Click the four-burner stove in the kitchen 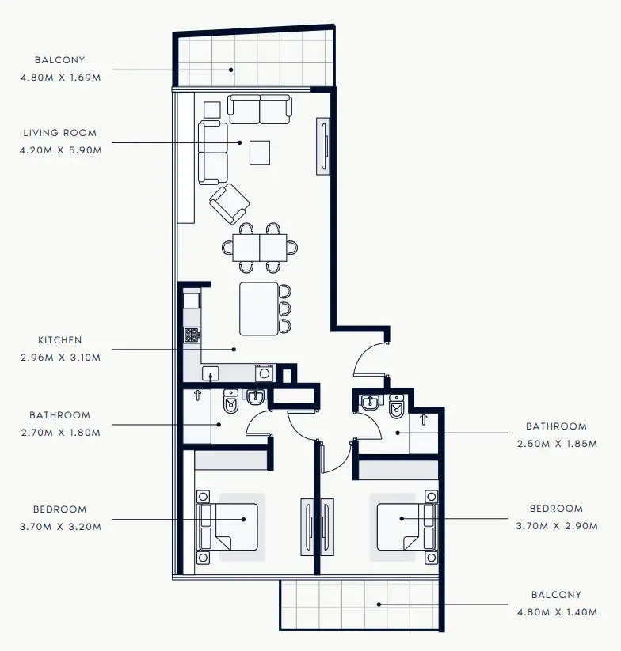(x=192, y=335)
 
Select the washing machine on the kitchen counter (x=264, y=373)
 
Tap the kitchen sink (x=211, y=373)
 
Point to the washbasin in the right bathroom (x=369, y=404)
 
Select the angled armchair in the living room (x=230, y=203)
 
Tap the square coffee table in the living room (x=260, y=152)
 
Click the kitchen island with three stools (x=260, y=308)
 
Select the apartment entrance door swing (x=369, y=361)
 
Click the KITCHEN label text (x=60, y=340)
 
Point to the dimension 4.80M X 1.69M (x=60, y=77)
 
